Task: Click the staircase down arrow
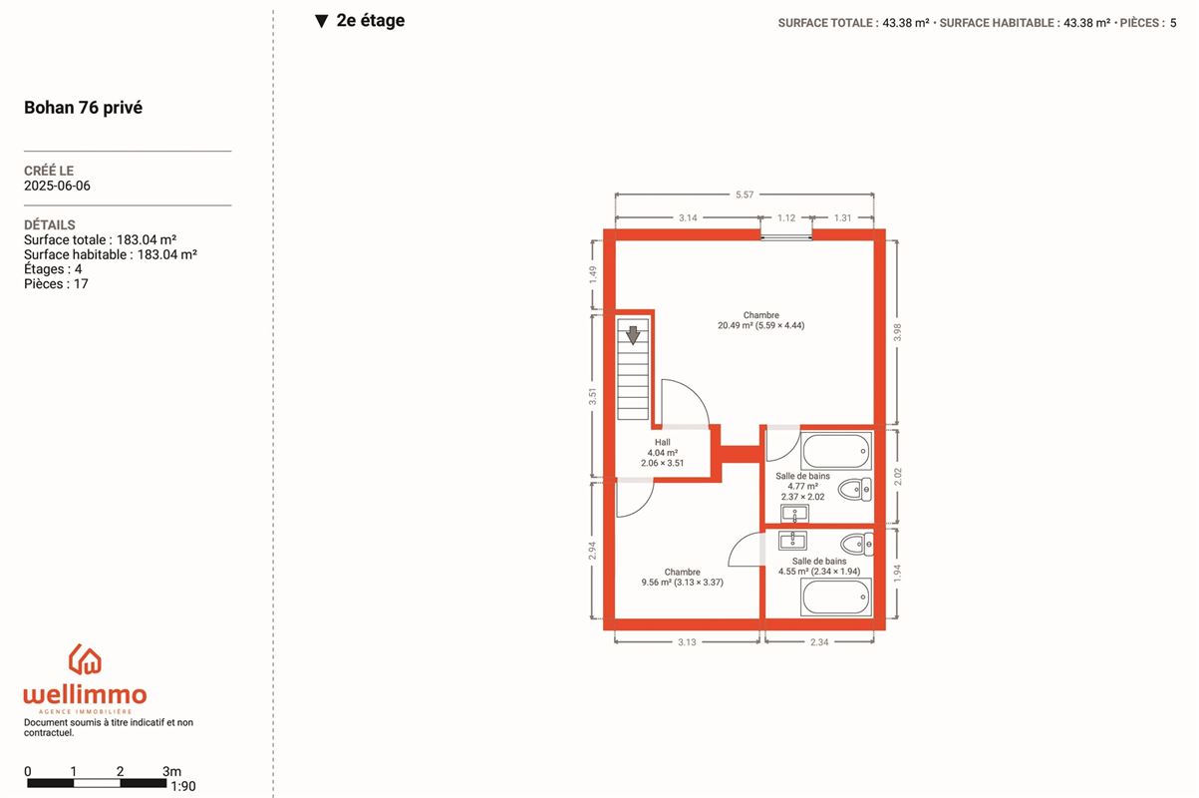pos(633,335)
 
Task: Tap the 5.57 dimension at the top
pos(745,195)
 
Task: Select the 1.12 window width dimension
pos(786,218)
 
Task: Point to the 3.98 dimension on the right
pos(898,332)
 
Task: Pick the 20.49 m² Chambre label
pos(761,320)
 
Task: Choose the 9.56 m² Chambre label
pos(683,578)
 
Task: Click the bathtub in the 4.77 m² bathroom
pos(836,451)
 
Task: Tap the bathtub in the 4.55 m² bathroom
pos(836,598)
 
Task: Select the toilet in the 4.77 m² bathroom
pos(855,490)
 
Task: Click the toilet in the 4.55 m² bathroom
pos(857,545)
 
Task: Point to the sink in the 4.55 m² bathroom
pos(792,541)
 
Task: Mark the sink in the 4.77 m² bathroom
pos(795,514)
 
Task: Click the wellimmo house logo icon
pos(85,659)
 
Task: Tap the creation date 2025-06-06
pos(57,186)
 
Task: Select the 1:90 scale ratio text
pos(183,786)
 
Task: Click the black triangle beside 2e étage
pos(321,21)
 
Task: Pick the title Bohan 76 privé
pos(84,108)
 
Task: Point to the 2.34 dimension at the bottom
pos(819,642)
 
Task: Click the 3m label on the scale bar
pos(171,771)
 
